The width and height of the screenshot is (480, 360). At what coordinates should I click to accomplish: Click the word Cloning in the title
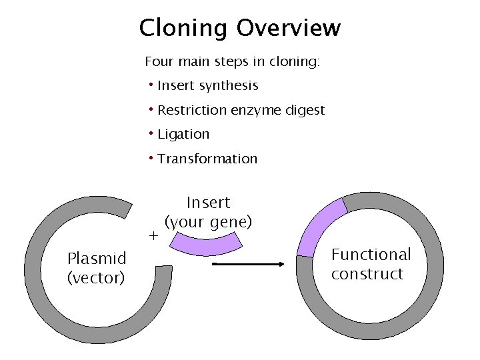(183, 29)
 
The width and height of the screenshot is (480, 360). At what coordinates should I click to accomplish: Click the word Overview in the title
(288, 29)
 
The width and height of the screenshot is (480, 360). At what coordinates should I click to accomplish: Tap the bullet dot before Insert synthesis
(152, 85)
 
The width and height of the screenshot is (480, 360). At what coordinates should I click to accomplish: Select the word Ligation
(183, 135)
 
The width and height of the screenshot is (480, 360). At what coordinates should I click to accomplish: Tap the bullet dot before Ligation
(152, 133)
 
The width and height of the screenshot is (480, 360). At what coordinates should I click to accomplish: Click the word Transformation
(207, 159)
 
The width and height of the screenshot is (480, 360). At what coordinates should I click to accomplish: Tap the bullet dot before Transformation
(152, 157)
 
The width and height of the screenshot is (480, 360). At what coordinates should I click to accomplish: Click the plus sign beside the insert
(153, 236)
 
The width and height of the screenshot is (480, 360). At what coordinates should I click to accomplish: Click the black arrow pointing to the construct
(248, 264)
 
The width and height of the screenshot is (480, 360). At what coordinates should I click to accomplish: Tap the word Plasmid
(97, 259)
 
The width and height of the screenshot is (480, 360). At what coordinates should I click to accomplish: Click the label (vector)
(96, 277)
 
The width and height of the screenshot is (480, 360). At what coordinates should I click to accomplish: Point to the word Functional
(371, 255)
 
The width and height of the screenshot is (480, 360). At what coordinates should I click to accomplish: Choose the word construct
(367, 274)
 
